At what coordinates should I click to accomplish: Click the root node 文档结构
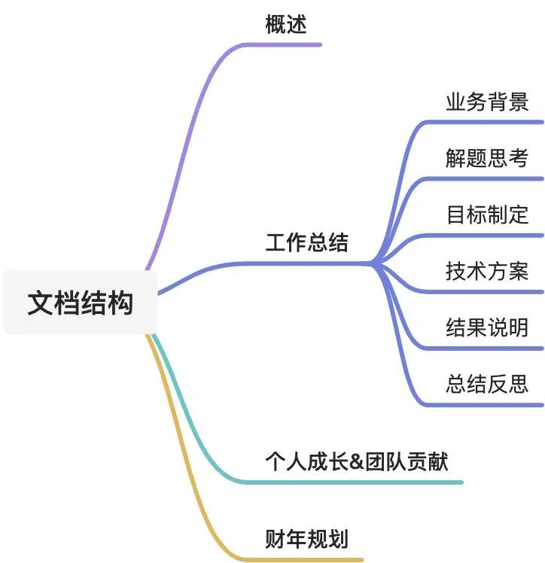point(80,303)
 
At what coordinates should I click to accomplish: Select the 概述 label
point(286,25)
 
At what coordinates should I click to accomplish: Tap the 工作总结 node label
point(306,243)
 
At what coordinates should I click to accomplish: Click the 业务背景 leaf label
point(487,102)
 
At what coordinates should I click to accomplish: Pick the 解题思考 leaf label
point(487,158)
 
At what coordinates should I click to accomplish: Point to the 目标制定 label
point(487,215)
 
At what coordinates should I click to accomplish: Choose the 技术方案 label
point(487,271)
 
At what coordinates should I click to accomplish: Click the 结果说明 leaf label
point(487,328)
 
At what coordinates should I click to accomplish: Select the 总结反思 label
point(487,385)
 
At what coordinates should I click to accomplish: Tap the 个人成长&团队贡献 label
point(357,461)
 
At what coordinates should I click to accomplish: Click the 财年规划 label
point(306,539)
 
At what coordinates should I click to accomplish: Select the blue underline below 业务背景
point(489,121)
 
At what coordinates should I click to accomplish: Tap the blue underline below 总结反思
point(489,405)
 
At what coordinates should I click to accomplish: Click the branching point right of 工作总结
point(372,263)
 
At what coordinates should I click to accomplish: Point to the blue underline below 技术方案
point(489,291)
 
